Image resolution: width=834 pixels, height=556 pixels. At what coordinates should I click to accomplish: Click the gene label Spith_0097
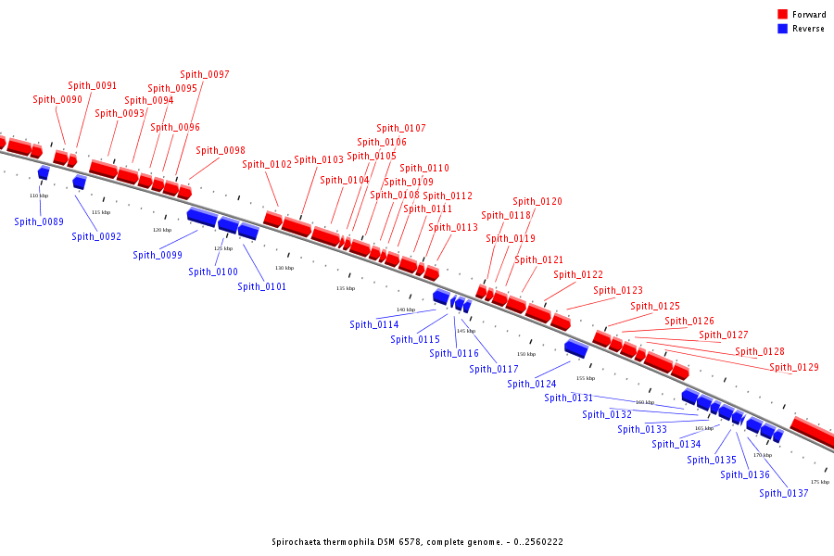pos(205,74)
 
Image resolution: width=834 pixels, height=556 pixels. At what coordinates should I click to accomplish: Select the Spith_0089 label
pos(39,221)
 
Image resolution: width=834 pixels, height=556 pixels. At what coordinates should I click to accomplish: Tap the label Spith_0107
pos(401,128)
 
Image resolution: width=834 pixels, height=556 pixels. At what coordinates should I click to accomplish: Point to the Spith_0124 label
pos(532,384)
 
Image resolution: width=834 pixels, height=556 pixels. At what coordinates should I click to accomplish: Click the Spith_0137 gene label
pos(784,493)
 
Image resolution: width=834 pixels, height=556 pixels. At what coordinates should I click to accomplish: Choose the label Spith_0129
pos(794,367)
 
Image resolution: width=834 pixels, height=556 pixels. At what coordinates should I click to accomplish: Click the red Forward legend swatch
pos(782,15)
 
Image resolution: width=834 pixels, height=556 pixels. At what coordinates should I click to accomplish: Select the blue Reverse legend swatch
pos(782,29)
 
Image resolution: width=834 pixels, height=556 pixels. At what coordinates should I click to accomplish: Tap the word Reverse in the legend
pos(808,29)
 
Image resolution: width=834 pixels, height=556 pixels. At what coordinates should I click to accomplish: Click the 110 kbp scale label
pos(39,196)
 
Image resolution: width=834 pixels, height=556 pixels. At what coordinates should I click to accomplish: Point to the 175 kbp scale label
pos(819,482)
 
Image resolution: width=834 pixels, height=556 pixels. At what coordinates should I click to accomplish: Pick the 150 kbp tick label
pos(526,354)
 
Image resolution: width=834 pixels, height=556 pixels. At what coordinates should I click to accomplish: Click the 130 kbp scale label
pos(284,268)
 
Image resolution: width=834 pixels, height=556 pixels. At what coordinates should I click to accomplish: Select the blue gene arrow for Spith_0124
pos(575,348)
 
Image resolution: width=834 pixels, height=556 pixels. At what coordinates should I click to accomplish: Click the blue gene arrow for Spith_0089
pos(44,173)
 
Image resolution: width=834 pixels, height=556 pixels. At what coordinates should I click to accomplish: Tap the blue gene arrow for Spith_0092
pos(79,183)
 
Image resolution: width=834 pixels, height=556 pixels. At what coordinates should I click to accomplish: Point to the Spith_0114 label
pos(374,324)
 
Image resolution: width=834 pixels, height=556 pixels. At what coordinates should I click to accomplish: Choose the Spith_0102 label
pos(267,164)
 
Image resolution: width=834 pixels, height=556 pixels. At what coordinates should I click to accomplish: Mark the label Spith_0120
pos(537,201)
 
